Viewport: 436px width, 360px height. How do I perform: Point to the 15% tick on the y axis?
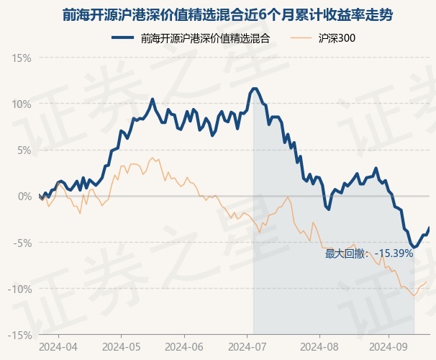pyautogui.click(x=22, y=57)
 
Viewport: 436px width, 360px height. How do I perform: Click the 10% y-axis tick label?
pyautogui.click(x=22, y=104)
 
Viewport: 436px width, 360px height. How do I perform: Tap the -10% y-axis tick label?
pyautogui.click(x=20, y=289)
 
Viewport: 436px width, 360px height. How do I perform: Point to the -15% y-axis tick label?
pyautogui.click(x=20, y=335)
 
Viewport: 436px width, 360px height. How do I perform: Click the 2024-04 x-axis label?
pyautogui.click(x=58, y=346)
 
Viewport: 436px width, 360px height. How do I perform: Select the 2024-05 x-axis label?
pyautogui.click(x=121, y=346)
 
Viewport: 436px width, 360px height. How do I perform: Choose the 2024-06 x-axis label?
pyautogui.click(x=185, y=346)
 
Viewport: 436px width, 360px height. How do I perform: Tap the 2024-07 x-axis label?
pyautogui.click(x=247, y=346)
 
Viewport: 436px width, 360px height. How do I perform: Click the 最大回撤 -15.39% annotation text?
pyautogui.click(x=369, y=253)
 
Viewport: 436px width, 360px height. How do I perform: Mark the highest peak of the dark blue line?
pyautogui.click(x=255, y=89)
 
